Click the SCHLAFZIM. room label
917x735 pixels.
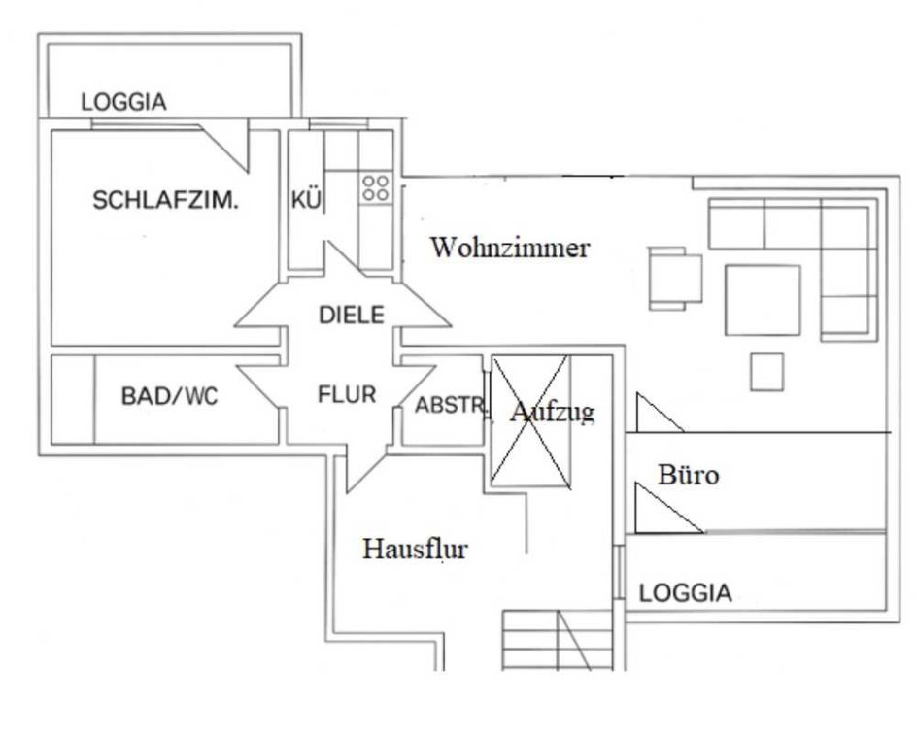(165, 201)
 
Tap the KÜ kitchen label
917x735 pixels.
(306, 200)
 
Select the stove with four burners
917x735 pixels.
(376, 187)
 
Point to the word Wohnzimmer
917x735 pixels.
(510, 248)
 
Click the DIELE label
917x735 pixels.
(352, 316)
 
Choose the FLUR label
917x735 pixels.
(347, 395)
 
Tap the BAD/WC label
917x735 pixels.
(170, 396)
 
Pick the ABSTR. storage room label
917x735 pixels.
(450, 405)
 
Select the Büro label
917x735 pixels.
(689, 475)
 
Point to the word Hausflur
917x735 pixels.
(415, 549)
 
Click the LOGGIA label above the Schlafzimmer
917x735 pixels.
(123, 102)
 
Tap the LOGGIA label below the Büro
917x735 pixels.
(686, 593)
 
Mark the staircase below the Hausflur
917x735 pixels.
(558, 640)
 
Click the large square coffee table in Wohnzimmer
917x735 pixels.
(763, 301)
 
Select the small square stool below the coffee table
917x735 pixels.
(766, 372)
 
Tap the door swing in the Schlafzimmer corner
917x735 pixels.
(225, 147)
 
